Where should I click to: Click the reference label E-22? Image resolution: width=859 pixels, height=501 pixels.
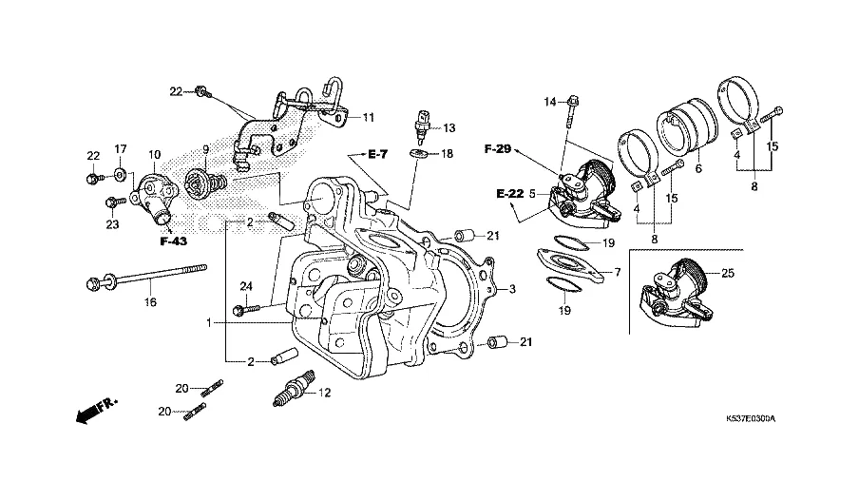(509, 194)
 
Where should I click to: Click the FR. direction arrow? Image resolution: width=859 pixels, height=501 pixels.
(93, 411)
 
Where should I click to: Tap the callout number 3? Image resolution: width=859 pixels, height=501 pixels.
(511, 289)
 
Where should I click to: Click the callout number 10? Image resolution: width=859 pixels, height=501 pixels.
(154, 153)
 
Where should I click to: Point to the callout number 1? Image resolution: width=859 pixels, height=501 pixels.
(208, 323)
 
